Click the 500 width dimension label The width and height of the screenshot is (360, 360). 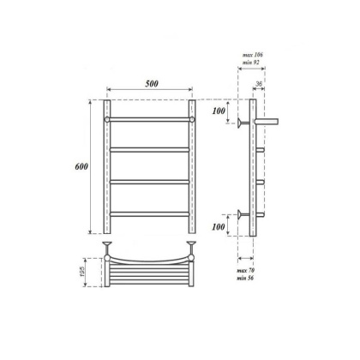(151, 84)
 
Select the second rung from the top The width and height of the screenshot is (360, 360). (150, 150)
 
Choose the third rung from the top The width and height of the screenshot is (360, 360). (150, 181)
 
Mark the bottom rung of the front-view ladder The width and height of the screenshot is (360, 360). (150, 213)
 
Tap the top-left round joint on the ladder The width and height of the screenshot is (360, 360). (107, 119)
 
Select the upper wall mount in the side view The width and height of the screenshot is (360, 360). (245, 123)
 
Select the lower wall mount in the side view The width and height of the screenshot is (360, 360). (245, 214)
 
